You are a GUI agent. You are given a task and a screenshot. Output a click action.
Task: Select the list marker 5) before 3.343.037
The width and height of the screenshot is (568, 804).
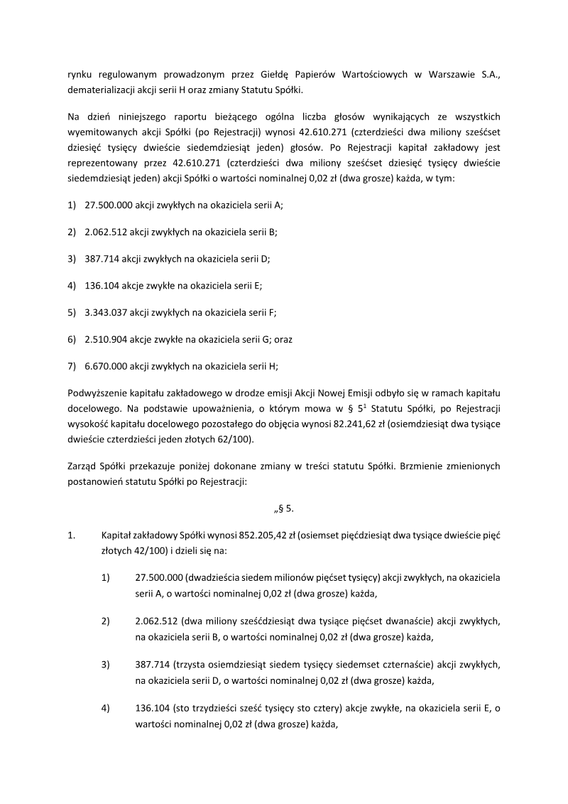point(72,312)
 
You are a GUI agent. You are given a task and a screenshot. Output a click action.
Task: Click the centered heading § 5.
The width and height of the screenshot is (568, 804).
point(284,509)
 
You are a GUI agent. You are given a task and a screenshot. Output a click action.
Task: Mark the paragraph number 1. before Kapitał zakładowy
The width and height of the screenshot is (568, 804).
point(72,536)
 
